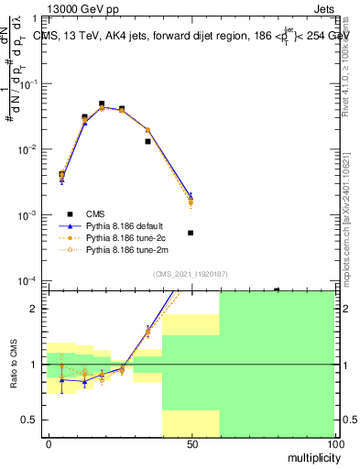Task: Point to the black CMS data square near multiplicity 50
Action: click(191, 233)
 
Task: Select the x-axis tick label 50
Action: click(191, 444)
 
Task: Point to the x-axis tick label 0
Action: click(48, 444)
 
